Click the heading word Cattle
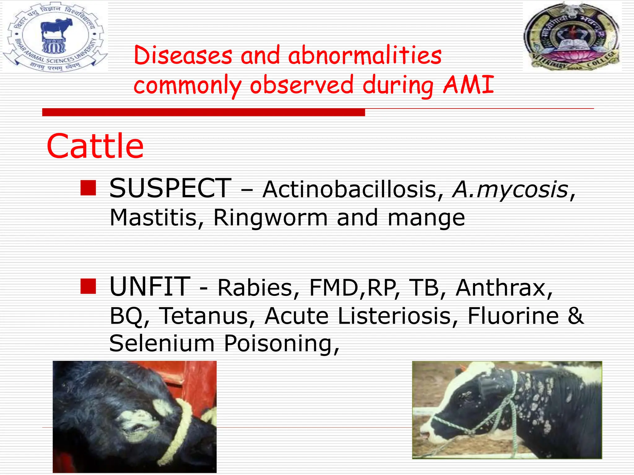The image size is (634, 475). point(95,146)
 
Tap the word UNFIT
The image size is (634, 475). point(150,287)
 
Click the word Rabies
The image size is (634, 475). point(258,288)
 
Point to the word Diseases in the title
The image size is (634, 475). point(183,56)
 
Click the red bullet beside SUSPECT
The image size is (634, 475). point(88,188)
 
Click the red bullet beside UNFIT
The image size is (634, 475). point(88,286)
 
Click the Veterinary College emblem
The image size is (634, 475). point(572,36)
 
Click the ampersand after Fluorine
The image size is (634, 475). point(575,316)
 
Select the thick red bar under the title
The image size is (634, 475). point(203,112)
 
